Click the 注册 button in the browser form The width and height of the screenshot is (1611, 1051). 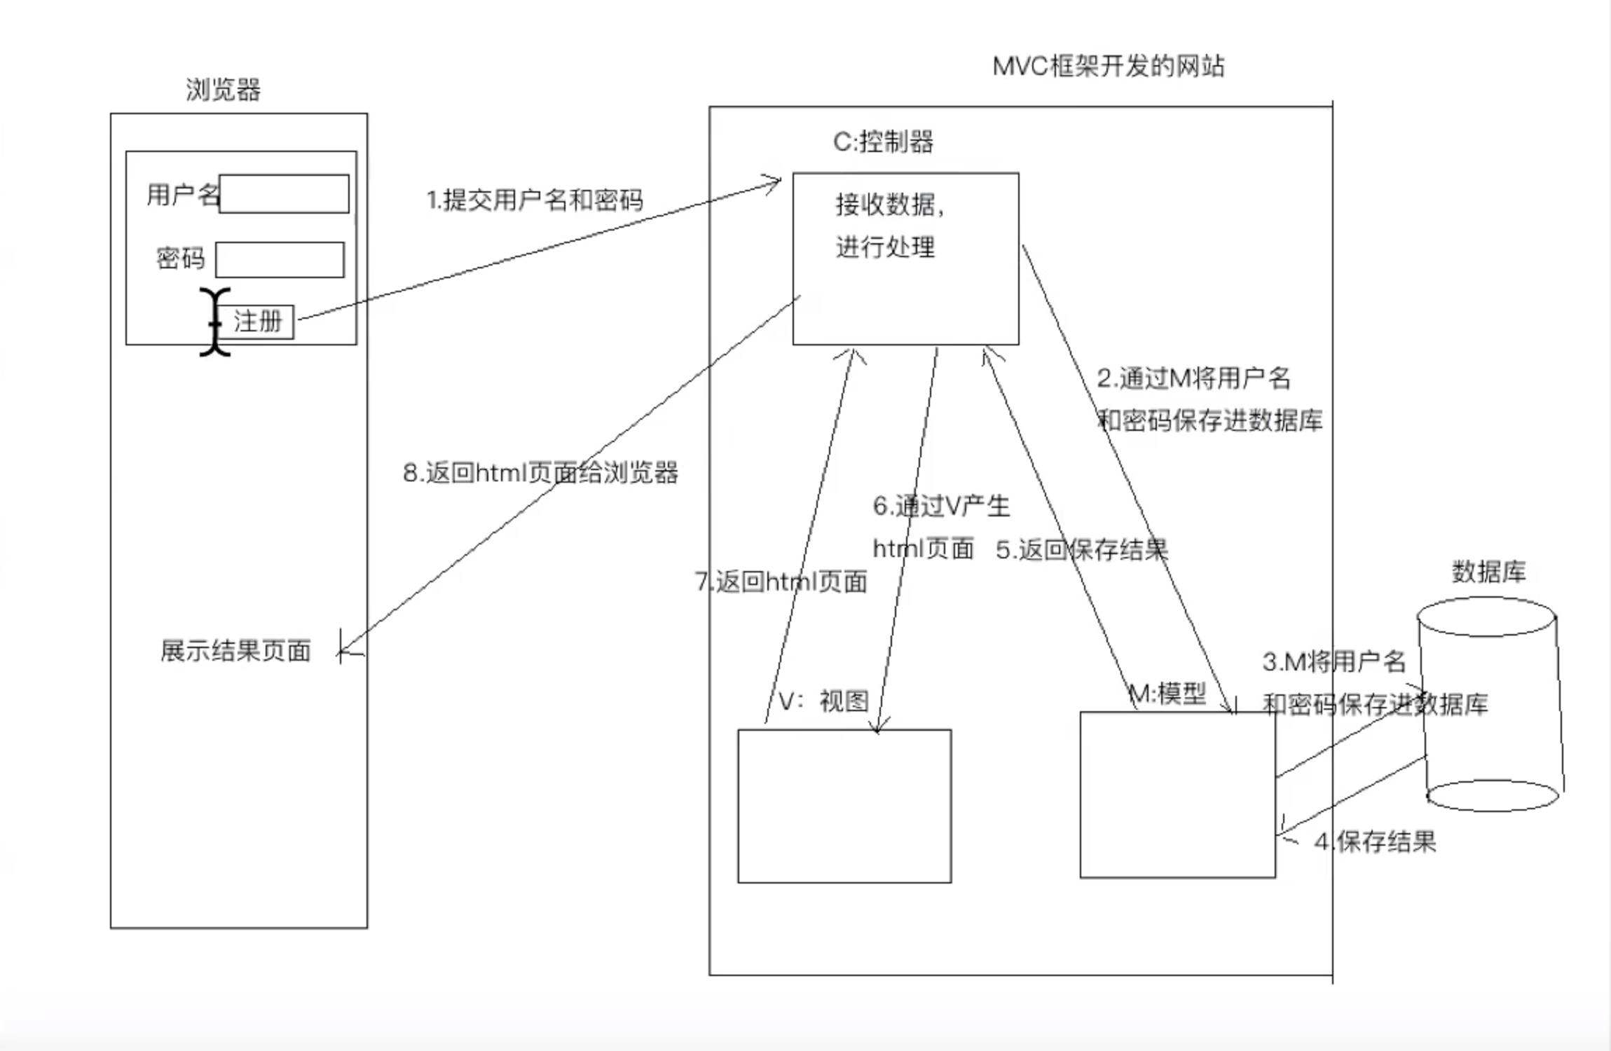(258, 322)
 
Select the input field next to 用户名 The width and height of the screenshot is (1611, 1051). (284, 194)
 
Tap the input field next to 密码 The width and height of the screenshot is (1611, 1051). (280, 260)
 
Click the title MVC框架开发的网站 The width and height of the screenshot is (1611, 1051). (1109, 67)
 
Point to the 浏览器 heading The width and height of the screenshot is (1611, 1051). (223, 90)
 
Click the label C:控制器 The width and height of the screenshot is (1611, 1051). (883, 142)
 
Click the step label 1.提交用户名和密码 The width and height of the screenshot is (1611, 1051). (535, 200)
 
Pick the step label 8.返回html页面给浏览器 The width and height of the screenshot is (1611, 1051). (540, 473)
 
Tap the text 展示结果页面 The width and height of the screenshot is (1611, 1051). (235, 651)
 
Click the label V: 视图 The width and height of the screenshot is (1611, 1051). (824, 701)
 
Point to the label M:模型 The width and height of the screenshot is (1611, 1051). (1167, 694)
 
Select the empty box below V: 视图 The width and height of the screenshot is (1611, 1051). (844, 806)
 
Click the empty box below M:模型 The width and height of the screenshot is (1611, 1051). (1177, 795)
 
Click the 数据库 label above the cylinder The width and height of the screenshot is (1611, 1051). (1488, 572)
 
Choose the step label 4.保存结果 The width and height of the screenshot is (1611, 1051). (1375, 842)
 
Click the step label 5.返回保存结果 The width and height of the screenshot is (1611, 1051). (1082, 550)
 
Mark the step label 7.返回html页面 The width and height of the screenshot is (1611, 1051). (781, 582)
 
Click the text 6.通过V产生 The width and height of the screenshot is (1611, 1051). (941, 506)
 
